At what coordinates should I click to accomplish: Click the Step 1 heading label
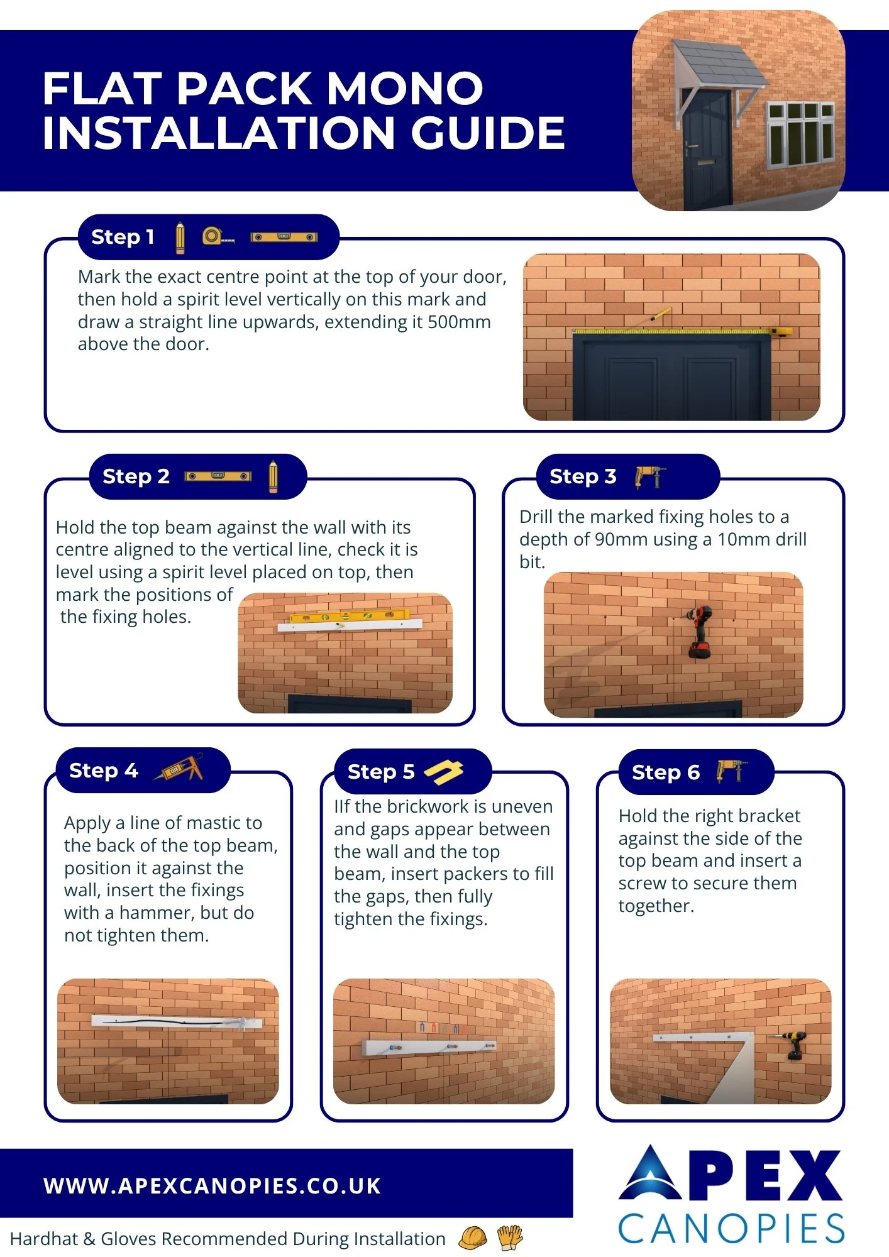(123, 237)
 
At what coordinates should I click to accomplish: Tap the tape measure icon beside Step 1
(218, 236)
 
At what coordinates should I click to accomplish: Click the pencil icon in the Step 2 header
(273, 476)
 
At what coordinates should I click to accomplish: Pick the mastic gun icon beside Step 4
(180, 767)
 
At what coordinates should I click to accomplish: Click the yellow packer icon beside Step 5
(444, 772)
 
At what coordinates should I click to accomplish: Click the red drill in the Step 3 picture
(698, 631)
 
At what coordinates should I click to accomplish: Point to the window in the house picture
(800, 133)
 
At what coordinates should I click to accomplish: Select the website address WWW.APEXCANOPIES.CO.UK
(213, 1185)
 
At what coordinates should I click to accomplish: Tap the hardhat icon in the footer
(473, 1238)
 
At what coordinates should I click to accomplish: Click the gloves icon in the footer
(510, 1238)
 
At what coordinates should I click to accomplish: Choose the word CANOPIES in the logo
(731, 1229)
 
